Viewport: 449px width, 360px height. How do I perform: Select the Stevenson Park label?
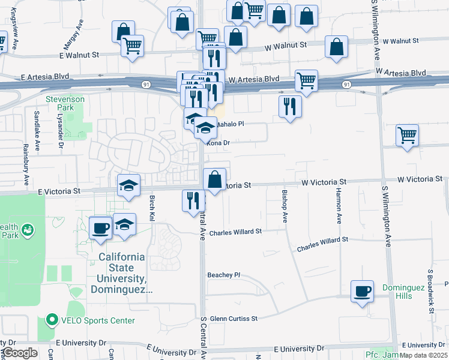pyautogui.click(x=65, y=103)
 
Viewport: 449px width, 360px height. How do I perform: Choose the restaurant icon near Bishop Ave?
pyautogui.click(x=290, y=106)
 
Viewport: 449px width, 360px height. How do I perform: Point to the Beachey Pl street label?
pyautogui.click(x=224, y=275)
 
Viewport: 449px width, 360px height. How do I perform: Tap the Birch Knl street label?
pyautogui.click(x=152, y=207)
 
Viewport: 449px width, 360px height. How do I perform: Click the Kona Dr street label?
pyautogui.click(x=218, y=143)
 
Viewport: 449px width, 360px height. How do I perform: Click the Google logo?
pyautogui.click(x=20, y=353)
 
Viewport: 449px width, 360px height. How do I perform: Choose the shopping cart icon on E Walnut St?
pyautogui.click(x=132, y=46)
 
